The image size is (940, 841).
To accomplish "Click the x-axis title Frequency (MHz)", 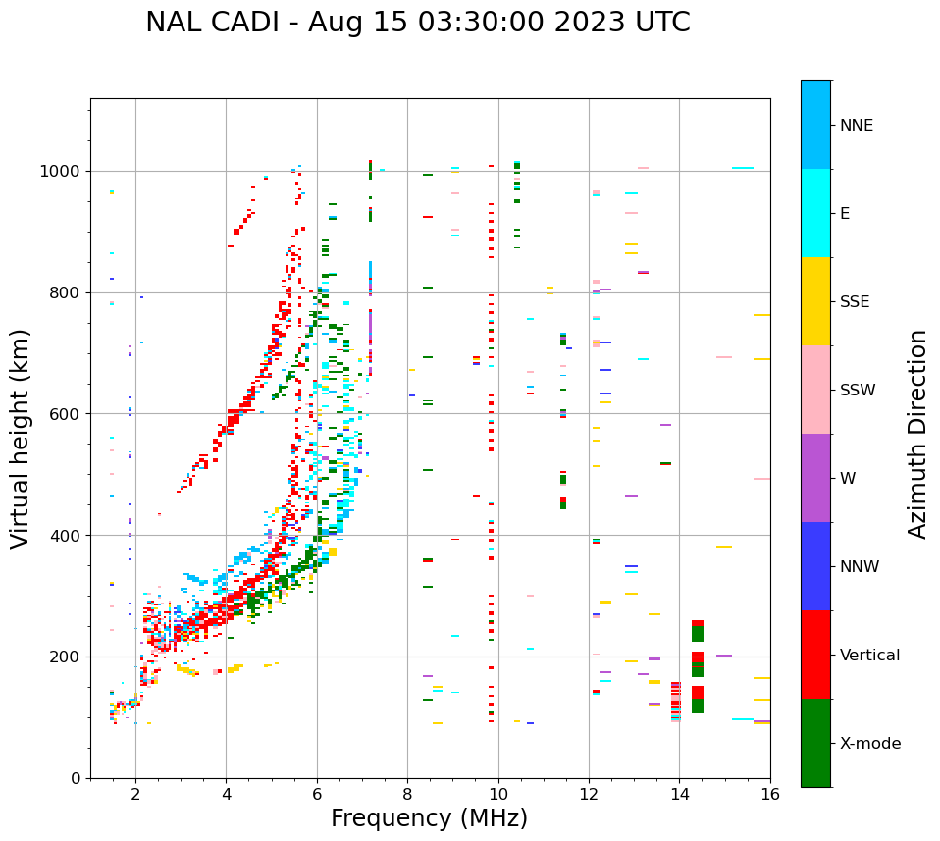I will pos(429,818).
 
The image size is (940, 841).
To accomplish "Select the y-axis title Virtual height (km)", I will pos(21,438).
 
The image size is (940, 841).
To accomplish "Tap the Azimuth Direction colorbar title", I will pos(917,433).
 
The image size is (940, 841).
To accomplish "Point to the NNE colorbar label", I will pos(856,126).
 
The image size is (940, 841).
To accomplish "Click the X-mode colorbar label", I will pos(869,744).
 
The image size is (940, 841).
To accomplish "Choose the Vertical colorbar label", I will pos(869,656).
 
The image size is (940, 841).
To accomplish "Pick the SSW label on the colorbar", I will pos(858,391).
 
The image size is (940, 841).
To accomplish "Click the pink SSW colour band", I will pos(815,390).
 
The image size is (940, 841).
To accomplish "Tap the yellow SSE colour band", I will pos(815,301).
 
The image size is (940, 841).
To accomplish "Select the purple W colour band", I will pos(815,478).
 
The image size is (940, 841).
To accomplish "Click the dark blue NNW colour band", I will pos(815,566).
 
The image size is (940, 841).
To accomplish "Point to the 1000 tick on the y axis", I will pos(64,172).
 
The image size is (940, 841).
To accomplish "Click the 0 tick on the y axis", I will pos(77,778).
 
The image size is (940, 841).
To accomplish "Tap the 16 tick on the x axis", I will pos(770,794).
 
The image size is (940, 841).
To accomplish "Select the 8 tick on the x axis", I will pos(407,794).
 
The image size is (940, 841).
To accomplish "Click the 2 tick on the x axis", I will pos(135,794).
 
